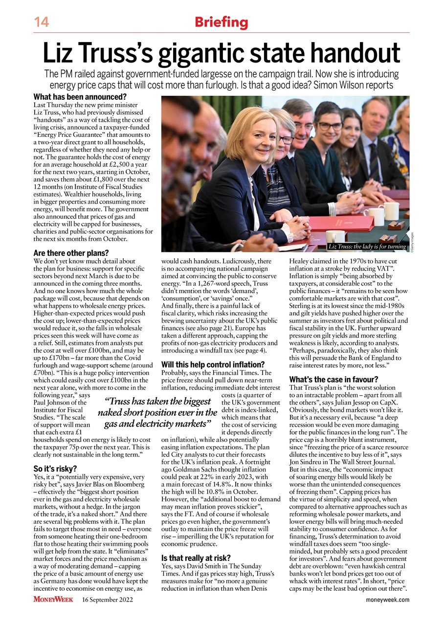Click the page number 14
(42, 22)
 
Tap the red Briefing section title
(221, 22)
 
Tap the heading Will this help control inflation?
(213, 364)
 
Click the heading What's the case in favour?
(333, 379)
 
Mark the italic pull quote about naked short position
(157, 413)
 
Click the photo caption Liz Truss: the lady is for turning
(367, 246)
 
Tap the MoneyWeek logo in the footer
(53, 600)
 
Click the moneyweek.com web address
(387, 600)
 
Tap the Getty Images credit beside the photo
(412, 242)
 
